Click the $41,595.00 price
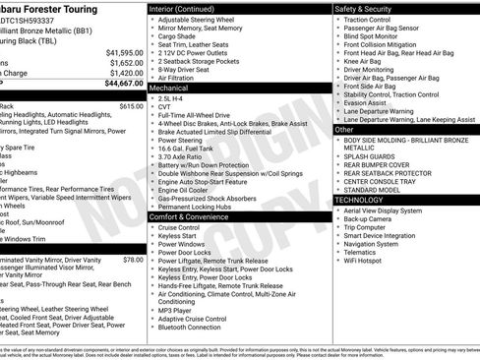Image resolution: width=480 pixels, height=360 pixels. coord(124,52)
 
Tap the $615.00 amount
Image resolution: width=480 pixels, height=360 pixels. coord(131,106)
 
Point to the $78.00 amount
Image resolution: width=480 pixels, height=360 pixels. coord(133,260)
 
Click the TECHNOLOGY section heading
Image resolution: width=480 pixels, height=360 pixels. coord(366,199)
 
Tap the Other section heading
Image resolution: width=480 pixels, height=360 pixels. coord(344,129)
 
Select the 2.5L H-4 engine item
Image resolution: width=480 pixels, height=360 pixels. coord(172,98)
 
